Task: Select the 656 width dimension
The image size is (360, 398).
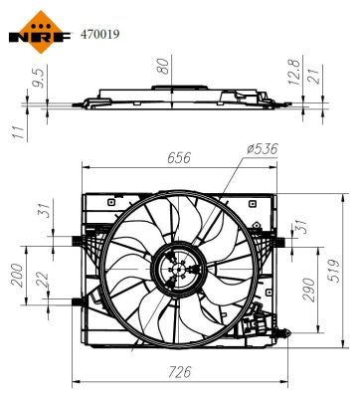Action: [x=178, y=157]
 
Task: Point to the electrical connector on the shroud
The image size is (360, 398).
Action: [x=263, y=323]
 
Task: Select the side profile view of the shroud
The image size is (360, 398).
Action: [x=178, y=102]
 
